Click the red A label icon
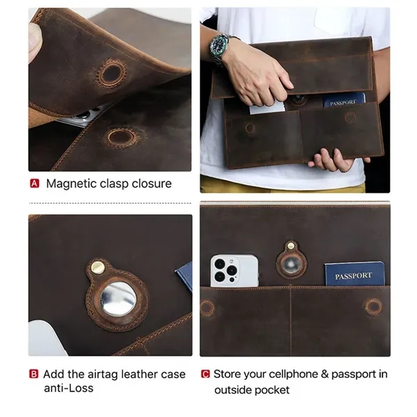(34, 184)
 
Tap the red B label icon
(34, 374)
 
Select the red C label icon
(205, 374)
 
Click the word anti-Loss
(68, 388)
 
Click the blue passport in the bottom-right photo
(354, 274)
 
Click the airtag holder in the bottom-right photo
(291, 262)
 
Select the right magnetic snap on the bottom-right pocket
(374, 306)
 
